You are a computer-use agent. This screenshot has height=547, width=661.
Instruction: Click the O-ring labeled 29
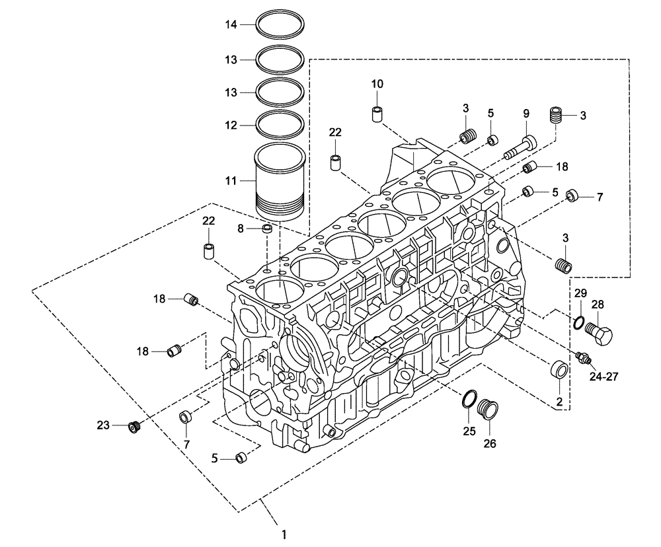point(578,322)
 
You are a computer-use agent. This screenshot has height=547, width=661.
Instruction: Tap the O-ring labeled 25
point(467,398)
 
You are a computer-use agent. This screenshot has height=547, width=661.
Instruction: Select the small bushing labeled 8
point(267,230)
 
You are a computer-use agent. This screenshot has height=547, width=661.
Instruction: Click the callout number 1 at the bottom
point(285,533)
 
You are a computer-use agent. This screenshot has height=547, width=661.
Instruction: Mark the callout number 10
point(377,84)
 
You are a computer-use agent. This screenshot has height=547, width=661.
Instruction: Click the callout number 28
point(598,305)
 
